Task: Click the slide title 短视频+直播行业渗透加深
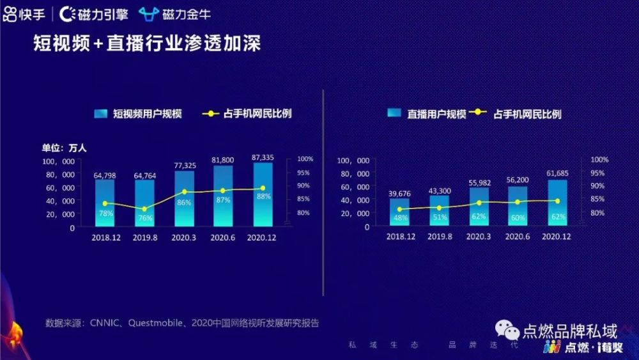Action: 147,44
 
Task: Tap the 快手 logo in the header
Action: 24,13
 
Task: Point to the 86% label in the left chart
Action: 184,202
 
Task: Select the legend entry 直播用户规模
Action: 427,114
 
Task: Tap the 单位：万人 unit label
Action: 65,148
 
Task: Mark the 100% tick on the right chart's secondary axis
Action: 599,159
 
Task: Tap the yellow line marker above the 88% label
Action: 263,188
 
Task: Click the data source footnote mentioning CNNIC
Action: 182,323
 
